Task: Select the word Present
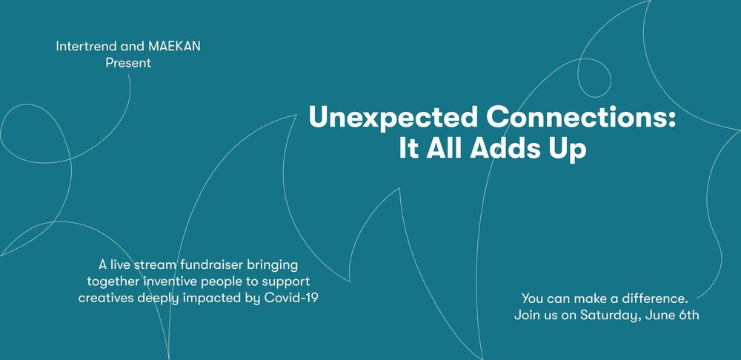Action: coord(128,63)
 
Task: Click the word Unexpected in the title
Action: coord(393,117)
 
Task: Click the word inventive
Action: coord(170,281)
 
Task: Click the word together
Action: coord(113,282)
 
